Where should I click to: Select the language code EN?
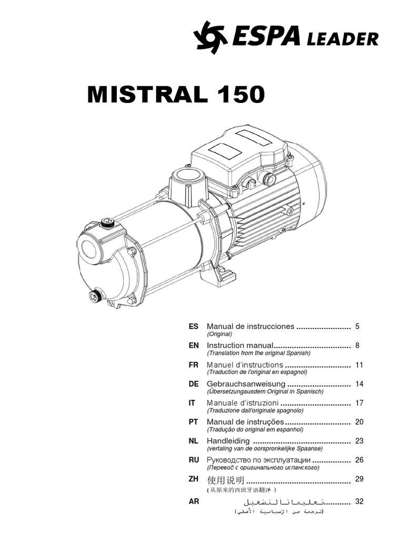click(x=194, y=346)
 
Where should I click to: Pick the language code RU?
click(x=194, y=460)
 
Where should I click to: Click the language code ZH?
click(x=194, y=479)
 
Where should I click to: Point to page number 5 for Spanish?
click(x=357, y=326)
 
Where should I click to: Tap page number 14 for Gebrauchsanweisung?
click(x=359, y=384)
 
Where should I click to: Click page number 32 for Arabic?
click(x=359, y=502)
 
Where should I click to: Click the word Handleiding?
click(x=228, y=441)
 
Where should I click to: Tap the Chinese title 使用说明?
click(x=226, y=479)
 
